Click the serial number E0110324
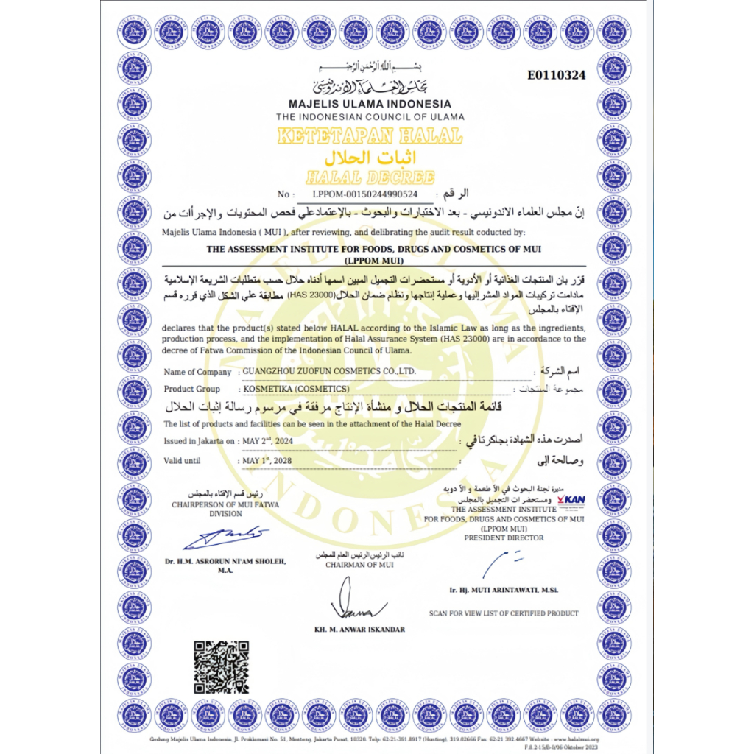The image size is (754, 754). pos(557,76)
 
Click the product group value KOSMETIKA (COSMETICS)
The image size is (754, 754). pos(297,388)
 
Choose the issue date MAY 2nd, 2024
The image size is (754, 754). pos(268,441)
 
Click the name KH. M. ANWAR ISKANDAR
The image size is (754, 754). pos(359,630)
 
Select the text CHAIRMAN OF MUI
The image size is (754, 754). pos(359,565)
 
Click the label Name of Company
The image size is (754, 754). pos(197,372)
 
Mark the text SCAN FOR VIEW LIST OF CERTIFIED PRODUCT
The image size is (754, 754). pos(504,613)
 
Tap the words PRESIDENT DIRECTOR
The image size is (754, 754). pos(504,538)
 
